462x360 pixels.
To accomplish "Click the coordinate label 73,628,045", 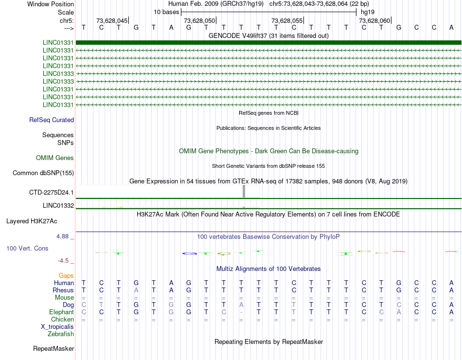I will [112, 20].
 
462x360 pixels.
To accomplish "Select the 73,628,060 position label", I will [374, 20].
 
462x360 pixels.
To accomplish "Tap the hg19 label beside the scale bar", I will [367, 12].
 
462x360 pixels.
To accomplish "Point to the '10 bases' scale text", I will [166, 12].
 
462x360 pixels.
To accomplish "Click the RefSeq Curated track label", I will [52, 120].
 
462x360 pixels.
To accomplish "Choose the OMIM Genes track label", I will [55, 158].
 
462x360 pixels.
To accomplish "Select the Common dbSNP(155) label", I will [43, 173].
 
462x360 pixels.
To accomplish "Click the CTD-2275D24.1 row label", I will [52, 192].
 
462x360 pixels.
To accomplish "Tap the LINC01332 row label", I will [58, 205].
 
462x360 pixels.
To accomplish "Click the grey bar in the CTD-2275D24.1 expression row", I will [244, 191].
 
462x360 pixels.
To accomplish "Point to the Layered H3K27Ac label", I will [32, 221].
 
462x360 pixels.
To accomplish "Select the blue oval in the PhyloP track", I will [189, 253].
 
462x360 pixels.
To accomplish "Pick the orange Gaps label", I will [66, 275].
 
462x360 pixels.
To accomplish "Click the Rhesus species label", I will [63, 290].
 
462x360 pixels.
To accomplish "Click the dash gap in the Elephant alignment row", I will [241, 312].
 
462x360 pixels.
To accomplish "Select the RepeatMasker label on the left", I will [53, 348].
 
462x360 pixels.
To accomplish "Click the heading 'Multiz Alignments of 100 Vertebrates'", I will [268, 269].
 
